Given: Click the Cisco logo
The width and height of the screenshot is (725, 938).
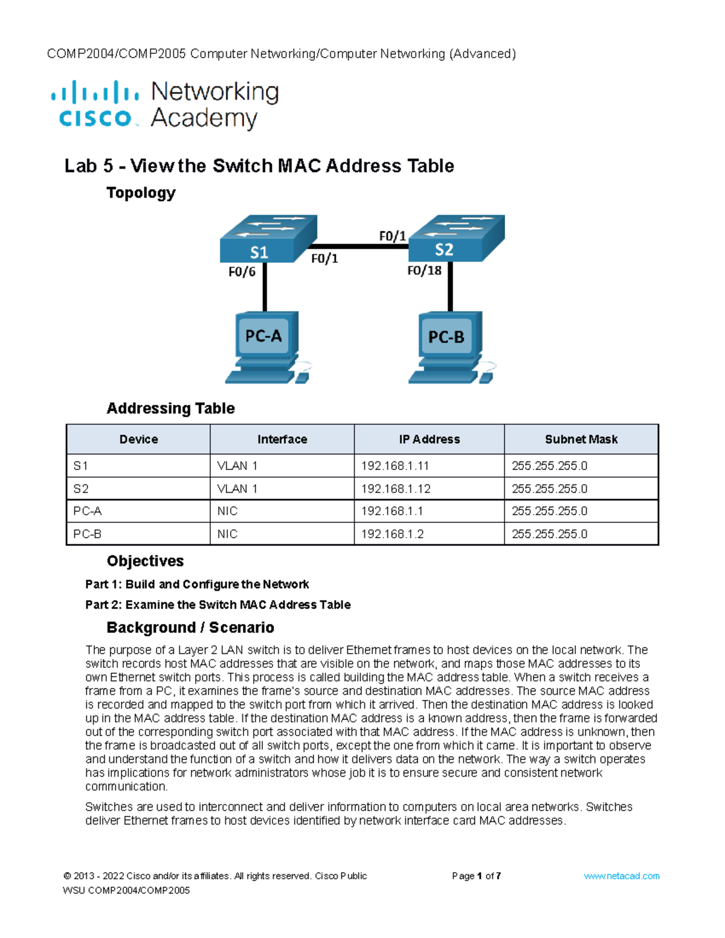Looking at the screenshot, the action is pos(95,104).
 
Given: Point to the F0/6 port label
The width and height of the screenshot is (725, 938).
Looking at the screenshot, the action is pos(242,272).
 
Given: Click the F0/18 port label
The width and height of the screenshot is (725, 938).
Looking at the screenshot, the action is pos(424,271).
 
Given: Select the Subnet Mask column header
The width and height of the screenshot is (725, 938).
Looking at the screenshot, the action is pos(581,439).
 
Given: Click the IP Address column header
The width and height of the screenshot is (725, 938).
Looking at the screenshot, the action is pos(429,439).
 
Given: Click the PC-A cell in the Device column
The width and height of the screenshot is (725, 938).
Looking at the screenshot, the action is pos(88,511).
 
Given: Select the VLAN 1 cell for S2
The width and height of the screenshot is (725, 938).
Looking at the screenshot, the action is pos(237,489).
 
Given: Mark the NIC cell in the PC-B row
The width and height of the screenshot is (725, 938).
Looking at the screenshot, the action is pos(227,534).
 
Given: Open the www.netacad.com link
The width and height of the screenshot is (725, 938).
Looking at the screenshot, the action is pos(621,876).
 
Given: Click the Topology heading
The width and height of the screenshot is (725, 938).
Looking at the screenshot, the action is pos(141,193).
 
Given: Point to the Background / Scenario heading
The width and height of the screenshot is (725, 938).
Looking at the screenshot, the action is pos(190,628).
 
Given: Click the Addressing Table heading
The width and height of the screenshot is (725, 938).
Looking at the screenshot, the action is pos(170,408).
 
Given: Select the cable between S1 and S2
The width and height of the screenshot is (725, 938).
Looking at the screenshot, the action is pos(359,246).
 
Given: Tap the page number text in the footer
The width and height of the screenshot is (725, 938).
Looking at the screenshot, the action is pos(476,876).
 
